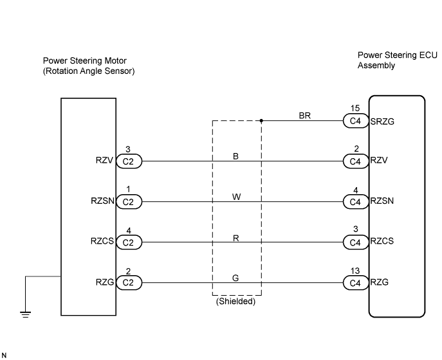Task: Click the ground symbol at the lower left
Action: tap(25, 314)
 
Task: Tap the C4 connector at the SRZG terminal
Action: tap(356, 121)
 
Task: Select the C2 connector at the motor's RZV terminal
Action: tap(129, 161)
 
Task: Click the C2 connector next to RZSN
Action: tap(129, 202)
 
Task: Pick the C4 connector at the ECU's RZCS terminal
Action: tap(356, 242)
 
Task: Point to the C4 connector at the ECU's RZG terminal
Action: tap(356, 282)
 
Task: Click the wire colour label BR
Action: tap(305, 116)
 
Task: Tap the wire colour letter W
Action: tap(237, 197)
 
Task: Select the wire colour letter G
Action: tap(235, 278)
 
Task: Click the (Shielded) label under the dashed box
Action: tap(235, 301)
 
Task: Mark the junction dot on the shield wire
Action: tap(261, 121)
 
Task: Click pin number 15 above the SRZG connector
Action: tap(355, 108)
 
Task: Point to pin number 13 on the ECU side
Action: tap(355, 271)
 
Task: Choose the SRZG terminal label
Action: tap(382, 122)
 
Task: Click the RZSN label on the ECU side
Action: tap(382, 201)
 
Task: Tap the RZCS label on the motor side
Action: tap(102, 241)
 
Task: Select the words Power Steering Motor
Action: tap(85, 60)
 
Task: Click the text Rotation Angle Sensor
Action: tap(89, 71)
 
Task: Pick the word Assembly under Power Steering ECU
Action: tap(376, 66)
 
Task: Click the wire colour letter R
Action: tap(236, 239)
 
